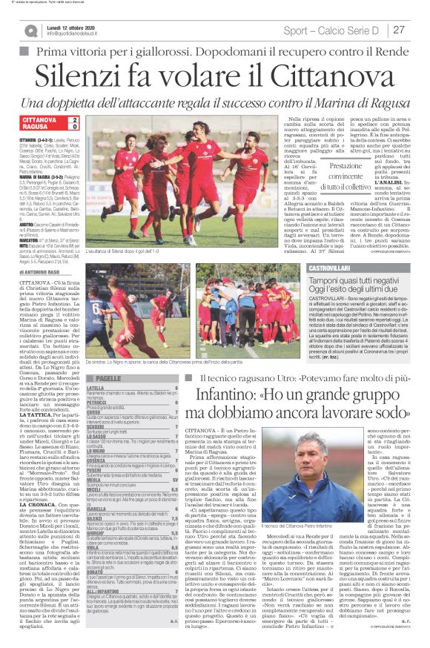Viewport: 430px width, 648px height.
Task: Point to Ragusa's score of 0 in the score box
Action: point(74,127)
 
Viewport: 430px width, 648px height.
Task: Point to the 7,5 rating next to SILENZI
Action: point(174,497)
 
